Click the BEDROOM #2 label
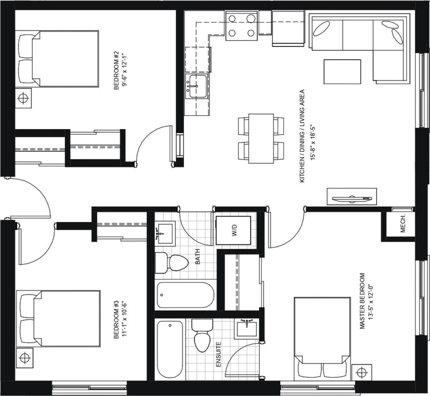click(116, 70)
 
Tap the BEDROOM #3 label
click(116, 320)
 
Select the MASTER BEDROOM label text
click(362, 301)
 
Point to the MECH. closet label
click(403, 225)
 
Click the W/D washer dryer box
click(233, 230)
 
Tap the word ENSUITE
click(219, 354)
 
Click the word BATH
click(198, 257)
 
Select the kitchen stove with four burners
click(242, 26)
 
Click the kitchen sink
click(196, 86)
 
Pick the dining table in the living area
click(261, 139)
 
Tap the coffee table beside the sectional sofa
click(342, 72)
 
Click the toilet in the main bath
click(172, 263)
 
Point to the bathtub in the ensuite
click(170, 350)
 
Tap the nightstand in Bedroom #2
click(23, 98)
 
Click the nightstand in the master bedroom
click(362, 372)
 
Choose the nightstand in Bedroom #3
click(25, 358)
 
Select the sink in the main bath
click(164, 233)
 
